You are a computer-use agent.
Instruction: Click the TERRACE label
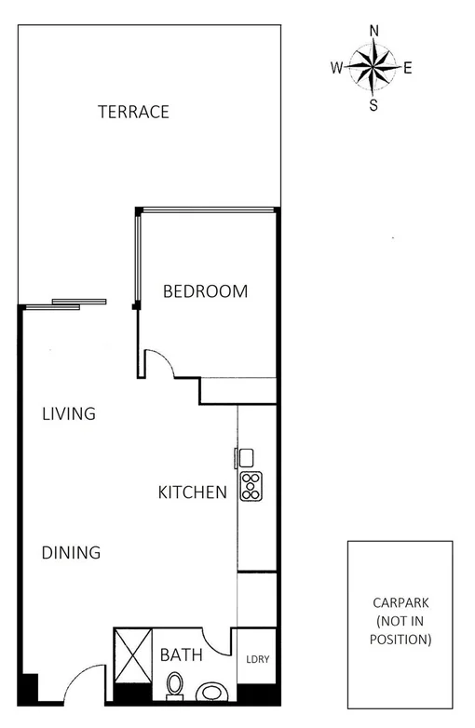[x=134, y=112]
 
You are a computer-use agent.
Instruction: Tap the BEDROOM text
[x=206, y=291]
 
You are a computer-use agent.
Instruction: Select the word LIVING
[x=69, y=413]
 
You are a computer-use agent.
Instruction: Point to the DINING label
[x=71, y=553]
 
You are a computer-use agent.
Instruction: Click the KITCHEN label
[x=193, y=492]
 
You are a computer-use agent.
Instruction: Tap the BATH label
[x=181, y=655]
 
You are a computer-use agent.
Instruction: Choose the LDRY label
[x=257, y=660]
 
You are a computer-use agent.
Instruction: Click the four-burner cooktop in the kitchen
[x=251, y=485]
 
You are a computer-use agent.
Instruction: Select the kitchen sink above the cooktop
[x=246, y=457]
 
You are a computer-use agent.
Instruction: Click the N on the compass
[x=374, y=30]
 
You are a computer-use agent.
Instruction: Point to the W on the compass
[x=336, y=67]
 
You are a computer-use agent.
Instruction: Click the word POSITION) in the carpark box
[x=400, y=640]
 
